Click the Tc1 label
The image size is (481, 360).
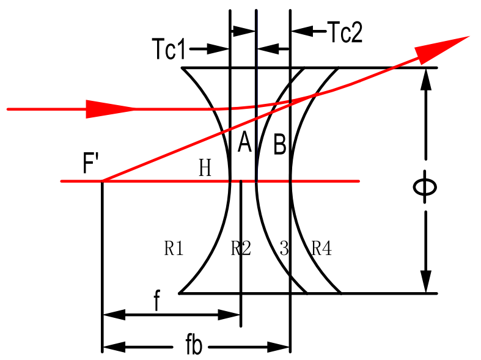coord(168,50)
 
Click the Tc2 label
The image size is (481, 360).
coord(345,32)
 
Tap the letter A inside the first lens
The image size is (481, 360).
coord(244,143)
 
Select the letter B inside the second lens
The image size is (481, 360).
coord(279,145)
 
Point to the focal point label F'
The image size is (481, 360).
coord(92,164)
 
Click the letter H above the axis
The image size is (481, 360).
coord(205,168)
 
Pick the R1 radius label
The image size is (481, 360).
coord(174,248)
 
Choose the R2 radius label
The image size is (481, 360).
coord(241,248)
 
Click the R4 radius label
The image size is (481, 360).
coord(321,248)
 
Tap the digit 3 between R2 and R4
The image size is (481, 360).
coord(284,248)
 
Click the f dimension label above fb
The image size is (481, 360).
coord(157,303)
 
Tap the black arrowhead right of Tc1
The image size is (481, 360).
coord(219,50)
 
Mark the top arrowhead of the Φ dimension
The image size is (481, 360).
coord(426,79)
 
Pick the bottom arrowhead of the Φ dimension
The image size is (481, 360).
coord(426,282)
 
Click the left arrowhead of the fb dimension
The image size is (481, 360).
coord(114,347)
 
